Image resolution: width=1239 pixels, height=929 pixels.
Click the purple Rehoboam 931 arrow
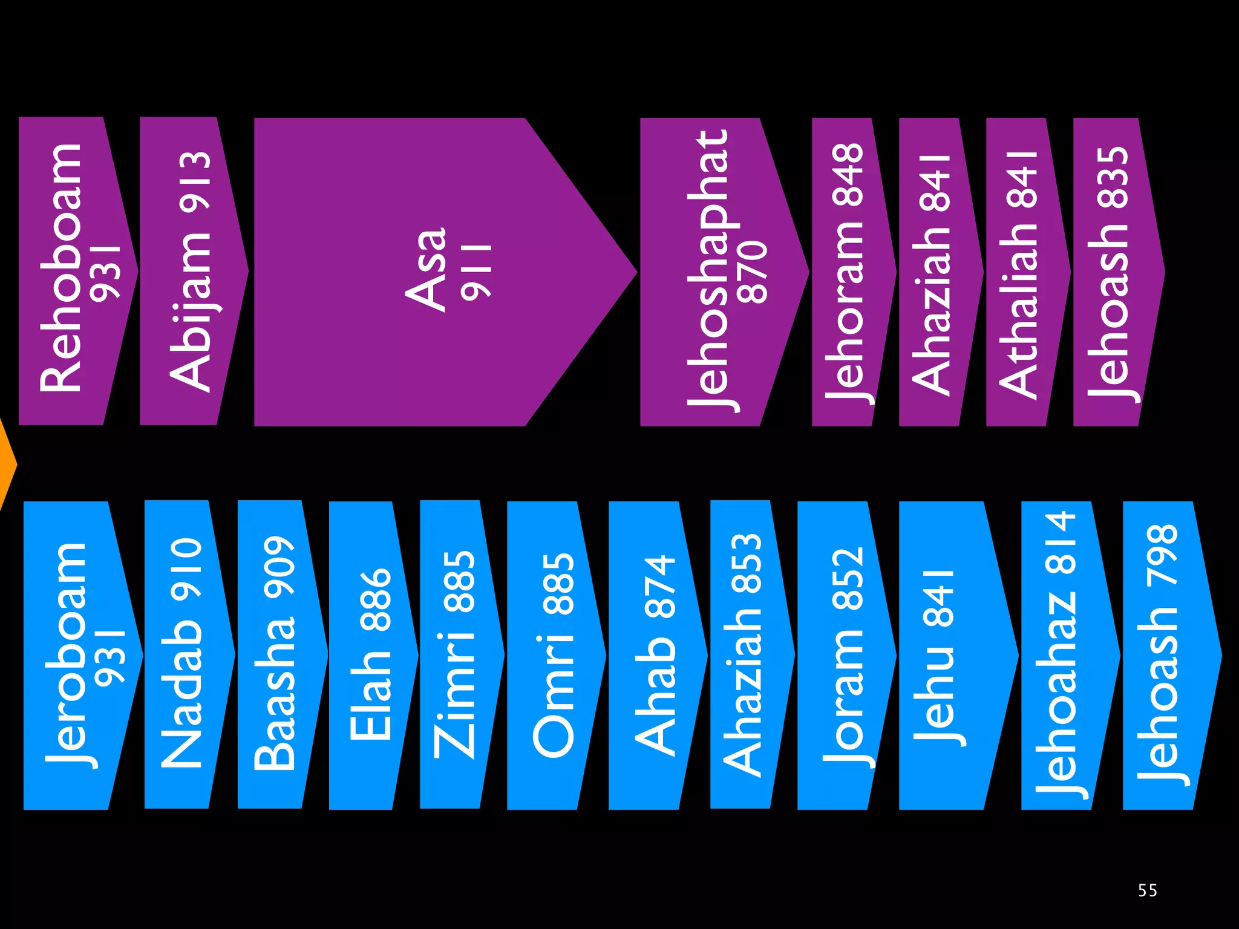click(70, 271)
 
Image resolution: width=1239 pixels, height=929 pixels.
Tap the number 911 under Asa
click(476, 272)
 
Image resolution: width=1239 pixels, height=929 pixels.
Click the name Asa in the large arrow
click(427, 270)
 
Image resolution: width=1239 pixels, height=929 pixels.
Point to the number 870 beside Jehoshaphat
click(752, 272)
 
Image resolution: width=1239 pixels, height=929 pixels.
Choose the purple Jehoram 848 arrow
click(847, 272)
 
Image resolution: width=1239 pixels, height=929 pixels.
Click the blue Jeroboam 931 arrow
click(73, 655)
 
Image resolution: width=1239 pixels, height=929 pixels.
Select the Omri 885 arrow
click(550, 655)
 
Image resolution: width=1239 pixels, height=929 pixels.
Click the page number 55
click(1147, 890)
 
